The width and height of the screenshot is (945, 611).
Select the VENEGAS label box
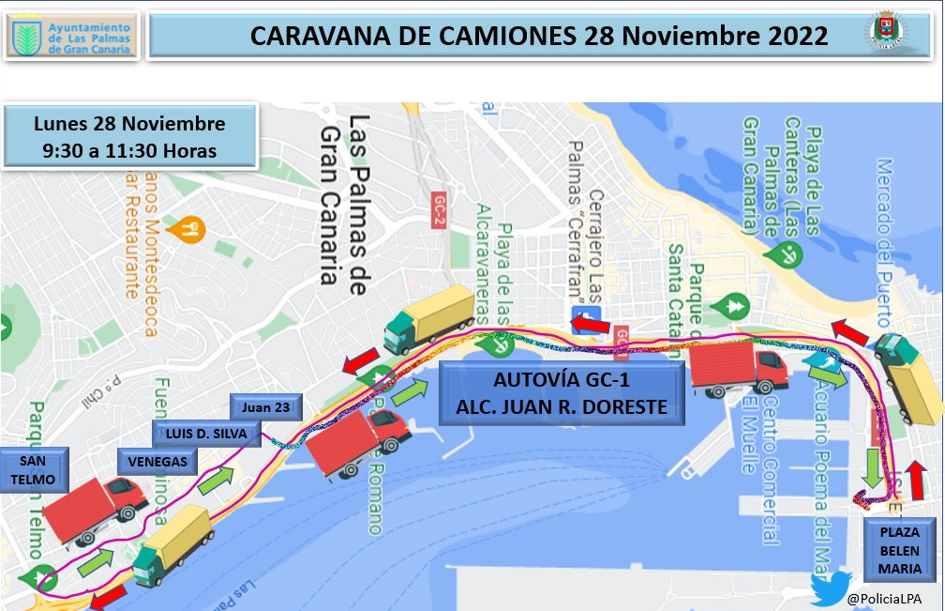(157, 462)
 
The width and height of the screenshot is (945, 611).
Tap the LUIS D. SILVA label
(200, 434)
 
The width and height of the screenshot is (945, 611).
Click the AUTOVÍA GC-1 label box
(562, 394)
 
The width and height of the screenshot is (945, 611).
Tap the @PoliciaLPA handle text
(883, 598)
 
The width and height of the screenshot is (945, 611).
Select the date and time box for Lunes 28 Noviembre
(129, 137)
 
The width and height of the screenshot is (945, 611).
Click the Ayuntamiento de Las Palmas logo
(71, 37)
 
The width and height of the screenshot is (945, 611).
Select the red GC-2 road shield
(439, 210)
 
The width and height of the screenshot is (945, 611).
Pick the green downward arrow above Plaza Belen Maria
(873, 466)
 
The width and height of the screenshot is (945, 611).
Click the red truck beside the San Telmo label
(94, 511)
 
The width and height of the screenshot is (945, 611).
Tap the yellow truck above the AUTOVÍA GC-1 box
(430, 316)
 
